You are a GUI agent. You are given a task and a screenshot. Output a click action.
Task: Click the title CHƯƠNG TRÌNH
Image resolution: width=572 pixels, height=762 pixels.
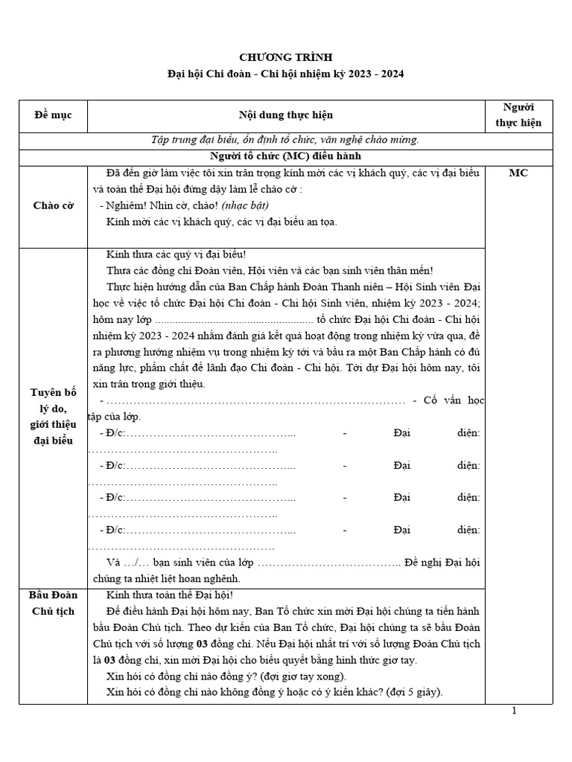(286, 57)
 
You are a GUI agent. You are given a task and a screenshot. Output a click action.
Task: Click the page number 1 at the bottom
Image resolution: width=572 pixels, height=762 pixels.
(514, 711)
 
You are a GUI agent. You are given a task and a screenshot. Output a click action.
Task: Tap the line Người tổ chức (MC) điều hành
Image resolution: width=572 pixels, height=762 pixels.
(286, 156)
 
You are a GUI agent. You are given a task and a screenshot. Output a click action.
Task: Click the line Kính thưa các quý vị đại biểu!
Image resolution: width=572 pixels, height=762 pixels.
(176, 254)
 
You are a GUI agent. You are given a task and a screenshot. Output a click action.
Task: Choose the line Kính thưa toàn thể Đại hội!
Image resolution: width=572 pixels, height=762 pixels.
(170, 595)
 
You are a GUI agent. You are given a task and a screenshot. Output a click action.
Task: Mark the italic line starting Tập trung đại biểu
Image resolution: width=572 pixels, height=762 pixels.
(286, 139)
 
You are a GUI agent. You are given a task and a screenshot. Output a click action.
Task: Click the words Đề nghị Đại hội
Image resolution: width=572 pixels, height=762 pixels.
(442, 562)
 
